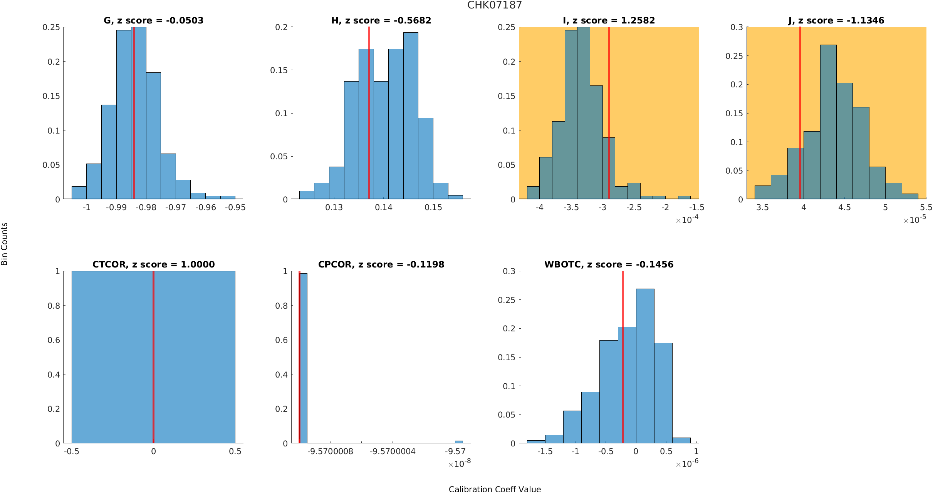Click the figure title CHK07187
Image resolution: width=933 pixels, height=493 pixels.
[494, 5]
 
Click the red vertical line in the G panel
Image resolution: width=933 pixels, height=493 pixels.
[134, 115]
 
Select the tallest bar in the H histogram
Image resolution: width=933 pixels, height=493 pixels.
[411, 115]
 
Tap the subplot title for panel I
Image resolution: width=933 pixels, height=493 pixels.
[609, 20]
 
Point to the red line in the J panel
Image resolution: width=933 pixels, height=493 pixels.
[800, 96]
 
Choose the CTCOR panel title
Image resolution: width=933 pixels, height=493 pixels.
[153, 264]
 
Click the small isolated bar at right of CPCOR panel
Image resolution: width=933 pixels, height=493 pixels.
[459, 442]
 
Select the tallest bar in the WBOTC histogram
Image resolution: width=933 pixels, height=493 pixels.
[645, 366]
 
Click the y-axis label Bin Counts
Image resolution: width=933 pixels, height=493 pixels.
[5, 244]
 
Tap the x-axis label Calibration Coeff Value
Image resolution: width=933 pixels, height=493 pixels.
[495, 489]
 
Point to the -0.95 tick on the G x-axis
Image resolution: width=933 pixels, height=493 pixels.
[235, 207]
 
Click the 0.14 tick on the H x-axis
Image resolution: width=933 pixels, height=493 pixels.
[384, 207]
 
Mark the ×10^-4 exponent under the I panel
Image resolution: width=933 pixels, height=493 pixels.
[687, 220]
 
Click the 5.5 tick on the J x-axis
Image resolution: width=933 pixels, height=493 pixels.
[926, 207]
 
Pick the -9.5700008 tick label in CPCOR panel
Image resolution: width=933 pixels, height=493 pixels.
[331, 451]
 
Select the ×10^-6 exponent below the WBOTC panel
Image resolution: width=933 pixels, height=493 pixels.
[687, 464]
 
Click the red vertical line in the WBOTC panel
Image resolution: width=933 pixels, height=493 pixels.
[623, 358]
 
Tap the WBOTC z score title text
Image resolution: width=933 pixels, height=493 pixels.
[609, 264]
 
